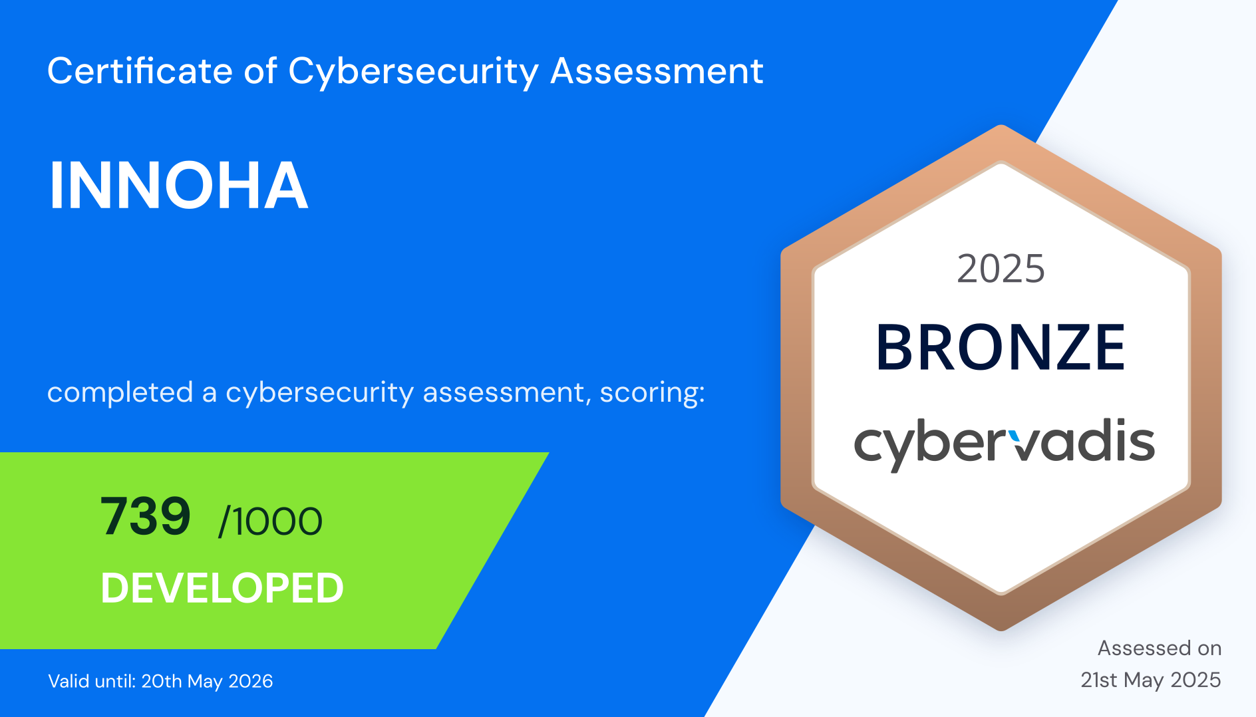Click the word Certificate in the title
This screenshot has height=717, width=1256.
point(140,71)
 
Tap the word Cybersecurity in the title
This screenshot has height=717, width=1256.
point(413,72)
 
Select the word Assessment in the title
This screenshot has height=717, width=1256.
point(657,71)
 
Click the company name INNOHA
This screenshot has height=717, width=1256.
point(178,186)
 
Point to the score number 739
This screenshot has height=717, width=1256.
point(146,516)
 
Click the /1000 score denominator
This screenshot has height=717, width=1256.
point(271,521)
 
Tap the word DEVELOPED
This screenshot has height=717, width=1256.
point(222,588)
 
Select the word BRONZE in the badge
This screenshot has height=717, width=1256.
point(1001,347)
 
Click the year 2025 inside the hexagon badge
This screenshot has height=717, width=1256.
point(1001,269)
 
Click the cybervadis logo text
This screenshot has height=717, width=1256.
point(1004,444)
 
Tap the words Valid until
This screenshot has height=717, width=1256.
point(92,681)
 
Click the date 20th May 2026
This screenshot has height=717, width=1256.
point(207,681)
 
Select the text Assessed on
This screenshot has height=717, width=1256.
point(1160,648)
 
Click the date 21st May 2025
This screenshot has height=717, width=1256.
point(1151,680)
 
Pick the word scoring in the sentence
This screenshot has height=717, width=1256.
point(652,392)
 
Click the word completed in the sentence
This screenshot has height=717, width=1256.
point(120,392)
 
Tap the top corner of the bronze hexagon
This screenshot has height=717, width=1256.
point(1001,126)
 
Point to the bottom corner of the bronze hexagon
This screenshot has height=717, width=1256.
point(1001,629)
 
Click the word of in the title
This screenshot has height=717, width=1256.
point(260,71)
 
